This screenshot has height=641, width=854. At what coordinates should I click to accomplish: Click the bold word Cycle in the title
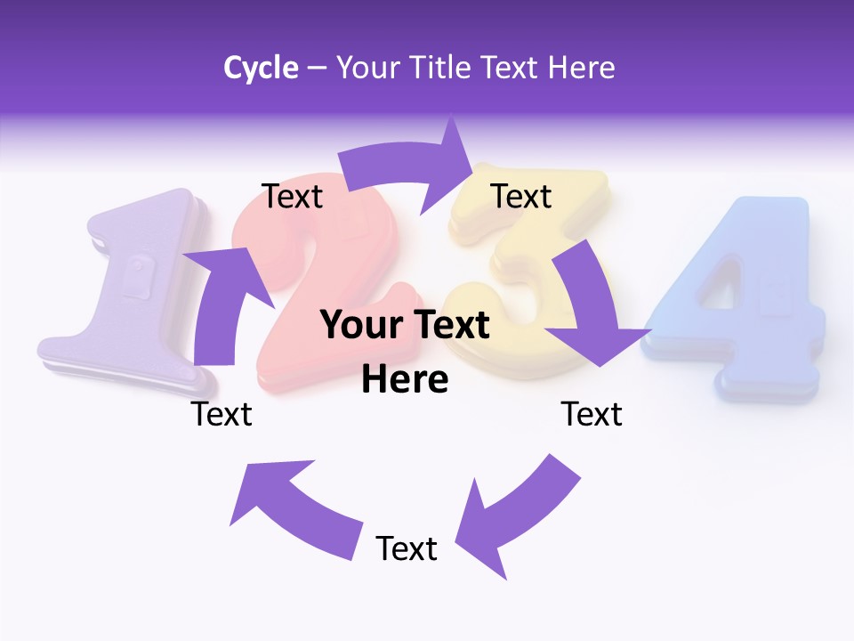261,68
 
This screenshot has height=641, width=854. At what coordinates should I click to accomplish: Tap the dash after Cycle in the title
317,68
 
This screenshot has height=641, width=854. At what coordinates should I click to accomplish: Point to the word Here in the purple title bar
581,68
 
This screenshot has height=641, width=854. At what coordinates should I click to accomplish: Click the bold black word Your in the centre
360,326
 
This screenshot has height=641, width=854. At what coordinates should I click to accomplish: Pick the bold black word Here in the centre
405,380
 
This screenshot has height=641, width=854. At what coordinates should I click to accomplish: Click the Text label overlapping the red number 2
293,196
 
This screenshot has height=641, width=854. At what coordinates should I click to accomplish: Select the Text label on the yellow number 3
521,196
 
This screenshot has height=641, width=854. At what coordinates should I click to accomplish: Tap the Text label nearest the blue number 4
592,414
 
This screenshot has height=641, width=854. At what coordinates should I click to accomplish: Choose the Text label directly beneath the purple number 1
222,414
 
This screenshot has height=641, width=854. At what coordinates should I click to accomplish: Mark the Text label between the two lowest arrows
407,548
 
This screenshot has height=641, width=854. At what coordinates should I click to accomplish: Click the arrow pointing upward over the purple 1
218,303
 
